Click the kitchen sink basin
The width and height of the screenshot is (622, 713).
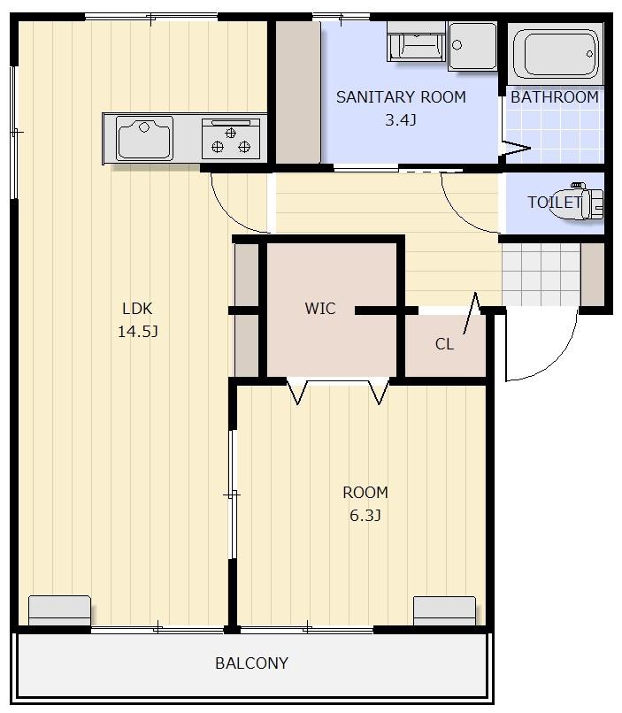click(144, 138)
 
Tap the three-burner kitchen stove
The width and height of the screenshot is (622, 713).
click(231, 139)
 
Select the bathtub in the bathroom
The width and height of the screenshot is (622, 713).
click(556, 54)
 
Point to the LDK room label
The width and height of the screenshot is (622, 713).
click(137, 309)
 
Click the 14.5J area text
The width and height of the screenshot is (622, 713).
click(138, 332)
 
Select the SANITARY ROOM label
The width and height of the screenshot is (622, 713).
click(401, 96)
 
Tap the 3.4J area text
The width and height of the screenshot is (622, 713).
click(401, 120)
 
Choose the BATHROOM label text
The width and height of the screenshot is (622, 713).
click(555, 96)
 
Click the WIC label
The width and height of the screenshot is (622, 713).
click(320, 309)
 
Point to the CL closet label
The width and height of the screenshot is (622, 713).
click(444, 344)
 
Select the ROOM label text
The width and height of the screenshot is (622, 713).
click(365, 493)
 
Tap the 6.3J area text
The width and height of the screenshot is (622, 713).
click(365, 516)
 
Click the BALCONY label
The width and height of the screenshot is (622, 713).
click(251, 663)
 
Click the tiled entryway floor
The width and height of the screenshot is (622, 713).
click(541, 274)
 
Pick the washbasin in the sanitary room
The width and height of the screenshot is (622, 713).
click(472, 46)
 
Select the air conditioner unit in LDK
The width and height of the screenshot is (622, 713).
click(59, 610)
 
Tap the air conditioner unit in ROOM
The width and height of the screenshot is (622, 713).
click(444, 611)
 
